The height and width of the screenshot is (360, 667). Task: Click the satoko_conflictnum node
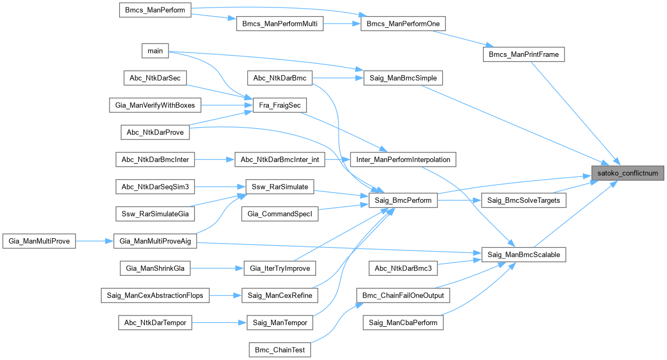[x=628, y=173]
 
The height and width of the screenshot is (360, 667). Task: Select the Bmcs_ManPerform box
[x=155, y=10]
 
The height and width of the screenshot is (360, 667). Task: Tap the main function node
[x=155, y=51]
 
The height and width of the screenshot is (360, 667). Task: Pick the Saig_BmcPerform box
[x=404, y=201]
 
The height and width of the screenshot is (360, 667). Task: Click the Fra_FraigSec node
[x=280, y=106]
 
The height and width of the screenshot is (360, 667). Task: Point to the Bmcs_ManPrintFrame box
[x=524, y=54]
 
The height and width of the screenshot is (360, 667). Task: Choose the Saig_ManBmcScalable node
[x=524, y=254]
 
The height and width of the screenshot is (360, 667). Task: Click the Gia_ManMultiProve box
[x=39, y=241]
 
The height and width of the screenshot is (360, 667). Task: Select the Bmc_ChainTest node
[x=280, y=350]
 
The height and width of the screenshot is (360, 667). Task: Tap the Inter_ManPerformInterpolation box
[x=404, y=159]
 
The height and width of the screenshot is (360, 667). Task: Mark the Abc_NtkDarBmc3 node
[x=404, y=268]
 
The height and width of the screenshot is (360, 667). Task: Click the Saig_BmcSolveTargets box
[x=524, y=201]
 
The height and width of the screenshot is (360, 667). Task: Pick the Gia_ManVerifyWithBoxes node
[x=155, y=106]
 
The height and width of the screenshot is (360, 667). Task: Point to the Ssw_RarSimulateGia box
[x=155, y=214]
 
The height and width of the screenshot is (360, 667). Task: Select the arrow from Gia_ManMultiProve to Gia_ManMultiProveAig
[x=94, y=241]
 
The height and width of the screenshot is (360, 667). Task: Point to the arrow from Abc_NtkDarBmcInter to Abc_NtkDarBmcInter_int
[x=215, y=159]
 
